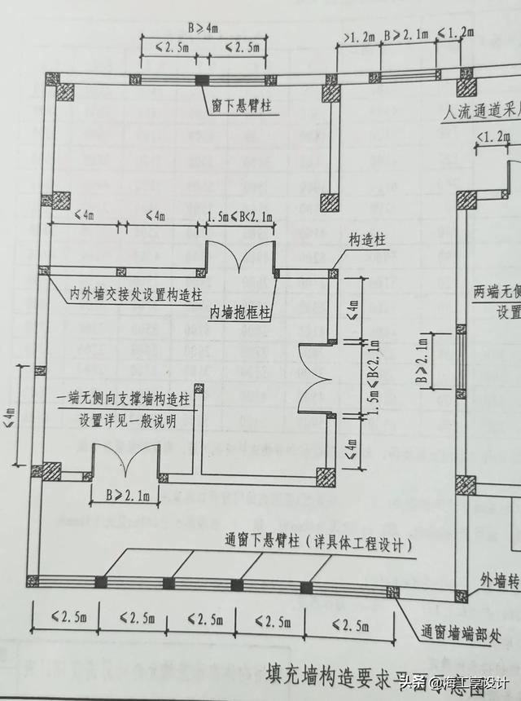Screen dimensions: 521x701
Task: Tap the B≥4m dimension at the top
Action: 203,28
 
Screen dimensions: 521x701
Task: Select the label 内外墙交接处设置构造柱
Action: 135,293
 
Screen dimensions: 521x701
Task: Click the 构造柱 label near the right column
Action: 366,240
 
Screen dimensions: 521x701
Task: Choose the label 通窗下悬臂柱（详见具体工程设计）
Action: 318,543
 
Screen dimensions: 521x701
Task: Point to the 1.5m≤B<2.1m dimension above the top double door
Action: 240,217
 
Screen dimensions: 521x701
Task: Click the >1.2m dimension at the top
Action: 359,37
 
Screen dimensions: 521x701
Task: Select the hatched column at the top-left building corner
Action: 60,86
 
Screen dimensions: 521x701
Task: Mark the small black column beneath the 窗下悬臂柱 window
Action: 201,80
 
